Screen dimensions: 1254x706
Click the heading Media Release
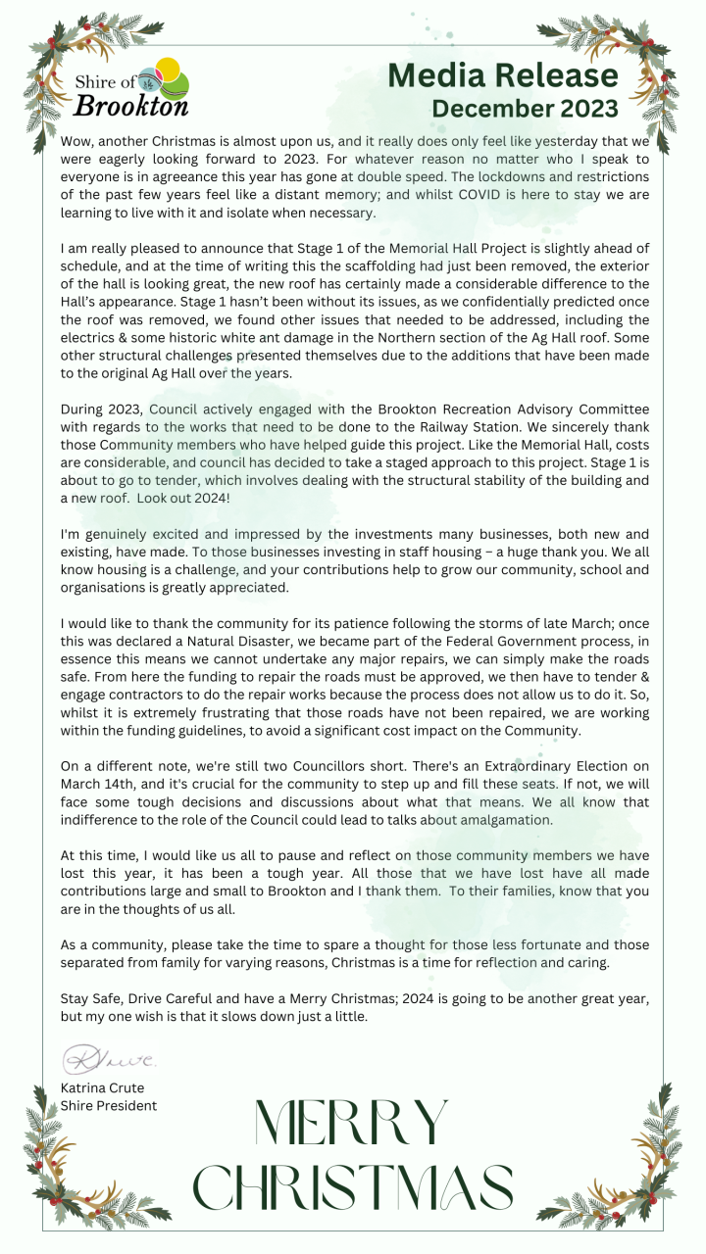pyautogui.click(x=503, y=74)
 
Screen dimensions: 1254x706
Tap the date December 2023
pyautogui.click(x=525, y=108)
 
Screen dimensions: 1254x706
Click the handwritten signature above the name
pyautogui.click(x=108, y=1059)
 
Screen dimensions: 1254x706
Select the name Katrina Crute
pyautogui.click(x=102, y=1088)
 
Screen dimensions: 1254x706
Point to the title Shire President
pyautogui.click(x=108, y=1106)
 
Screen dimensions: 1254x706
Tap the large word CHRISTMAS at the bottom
pyautogui.click(x=353, y=1187)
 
